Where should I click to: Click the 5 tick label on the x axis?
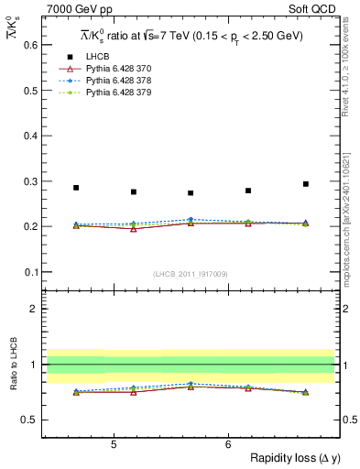pos(113,444)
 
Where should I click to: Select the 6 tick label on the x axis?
pos(227,444)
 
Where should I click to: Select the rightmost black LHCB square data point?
pos(306,184)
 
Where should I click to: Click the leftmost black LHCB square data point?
pos(76,188)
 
